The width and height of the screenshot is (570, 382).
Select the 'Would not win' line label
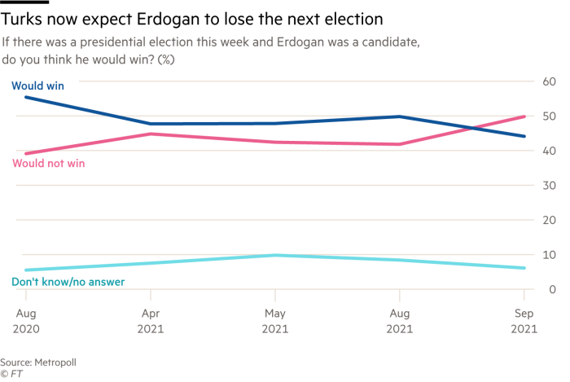[48, 164]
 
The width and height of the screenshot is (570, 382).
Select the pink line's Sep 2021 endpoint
[524, 116]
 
